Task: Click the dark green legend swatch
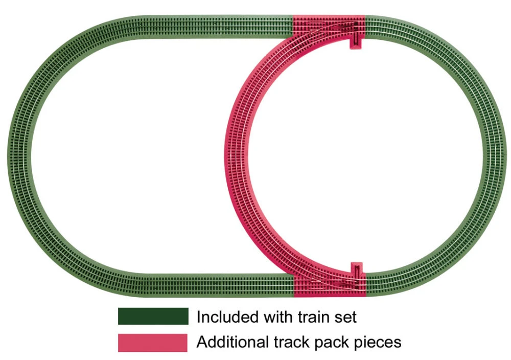click(x=153, y=317)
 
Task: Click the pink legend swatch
click(x=152, y=343)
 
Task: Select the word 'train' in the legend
click(x=314, y=317)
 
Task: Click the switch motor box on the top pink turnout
click(x=356, y=42)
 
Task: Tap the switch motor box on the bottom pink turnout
click(x=356, y=269)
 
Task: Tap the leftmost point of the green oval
click(x=7, y=156)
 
